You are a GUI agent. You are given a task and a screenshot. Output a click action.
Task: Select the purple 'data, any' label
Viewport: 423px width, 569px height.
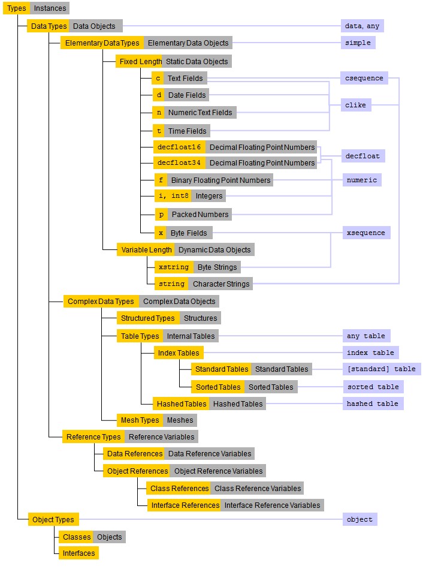(x=362, y=26)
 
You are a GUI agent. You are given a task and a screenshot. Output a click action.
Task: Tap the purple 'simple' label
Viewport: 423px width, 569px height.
(x=358, y=43)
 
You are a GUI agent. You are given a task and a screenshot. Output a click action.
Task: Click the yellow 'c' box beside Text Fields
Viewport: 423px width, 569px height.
(x=158, y=78)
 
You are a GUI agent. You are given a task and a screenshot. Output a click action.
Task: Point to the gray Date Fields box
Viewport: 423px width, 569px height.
(x=186, y=95)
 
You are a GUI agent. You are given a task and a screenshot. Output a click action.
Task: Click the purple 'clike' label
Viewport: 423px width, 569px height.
(x=355, y=105)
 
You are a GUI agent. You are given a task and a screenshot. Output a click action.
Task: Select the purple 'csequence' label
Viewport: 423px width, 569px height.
(x=364, y=78)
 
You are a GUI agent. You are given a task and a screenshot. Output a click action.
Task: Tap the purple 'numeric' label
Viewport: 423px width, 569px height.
(x=361, y=180)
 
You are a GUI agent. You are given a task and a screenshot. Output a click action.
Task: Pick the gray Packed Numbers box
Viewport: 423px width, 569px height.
(x=200, y=214)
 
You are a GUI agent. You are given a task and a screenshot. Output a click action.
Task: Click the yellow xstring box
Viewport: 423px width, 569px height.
(x=173, y=267)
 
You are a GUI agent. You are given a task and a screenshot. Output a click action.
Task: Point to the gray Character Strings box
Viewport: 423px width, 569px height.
(x=220, y=284)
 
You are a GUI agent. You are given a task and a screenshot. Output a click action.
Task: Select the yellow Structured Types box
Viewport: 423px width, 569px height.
(x=147, y=318)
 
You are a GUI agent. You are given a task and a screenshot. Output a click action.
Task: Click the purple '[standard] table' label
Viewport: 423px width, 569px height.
(x=380, y=369)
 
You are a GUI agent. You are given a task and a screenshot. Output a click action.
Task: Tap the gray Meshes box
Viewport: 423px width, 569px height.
(x=180, y=420)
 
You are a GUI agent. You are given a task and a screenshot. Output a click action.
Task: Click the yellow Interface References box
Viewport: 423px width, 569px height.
(x=184, y=505)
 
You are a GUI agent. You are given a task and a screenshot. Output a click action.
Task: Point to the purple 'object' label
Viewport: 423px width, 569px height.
(x=359, y=519)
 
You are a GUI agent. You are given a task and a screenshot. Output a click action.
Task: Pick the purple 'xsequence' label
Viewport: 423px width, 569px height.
(x=365, y=233)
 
